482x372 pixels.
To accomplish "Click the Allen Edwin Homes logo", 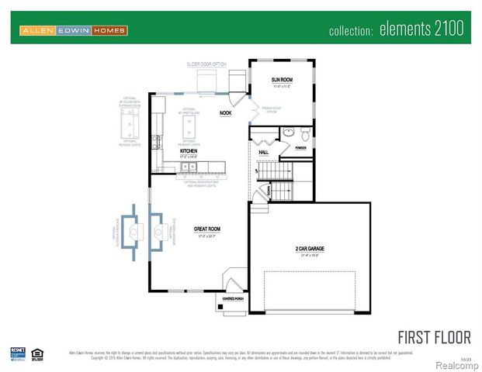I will point(73,30).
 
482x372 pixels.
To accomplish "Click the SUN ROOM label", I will point(281,80).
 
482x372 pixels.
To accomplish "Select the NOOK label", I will point(226,113).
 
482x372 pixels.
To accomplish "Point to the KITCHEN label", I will point(189,151).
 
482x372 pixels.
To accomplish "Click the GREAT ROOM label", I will point(208,229).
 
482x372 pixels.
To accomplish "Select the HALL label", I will point(263,153).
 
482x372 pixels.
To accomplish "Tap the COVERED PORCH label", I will point(234,298).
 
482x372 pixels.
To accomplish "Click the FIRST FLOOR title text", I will point(434,336).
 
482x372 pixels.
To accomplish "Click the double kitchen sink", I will point(190,166).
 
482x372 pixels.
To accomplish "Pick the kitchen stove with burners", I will point(158,142).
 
